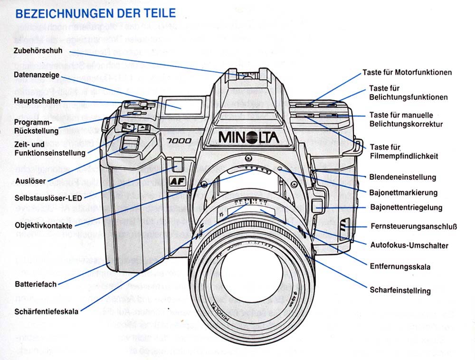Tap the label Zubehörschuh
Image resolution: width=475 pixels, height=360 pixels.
[38, 50]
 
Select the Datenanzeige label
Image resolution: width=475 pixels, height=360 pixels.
[37, 75]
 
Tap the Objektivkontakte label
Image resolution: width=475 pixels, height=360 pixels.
[43, 225]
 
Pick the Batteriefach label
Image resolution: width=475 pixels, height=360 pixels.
[36, 284]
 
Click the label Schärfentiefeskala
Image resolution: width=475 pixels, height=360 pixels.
[47, 312]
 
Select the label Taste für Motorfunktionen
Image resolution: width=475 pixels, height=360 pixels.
[407, 73]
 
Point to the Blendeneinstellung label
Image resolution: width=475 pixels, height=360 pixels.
[402, 177]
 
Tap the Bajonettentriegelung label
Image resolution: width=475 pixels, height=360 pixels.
[406, 208]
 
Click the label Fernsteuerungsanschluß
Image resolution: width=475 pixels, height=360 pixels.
[413, 227]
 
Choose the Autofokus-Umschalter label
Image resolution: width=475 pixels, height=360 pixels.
[409, 246]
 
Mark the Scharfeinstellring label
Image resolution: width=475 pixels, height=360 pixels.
[400, 291]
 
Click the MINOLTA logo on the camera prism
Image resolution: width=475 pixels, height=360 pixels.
[248, 137]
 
